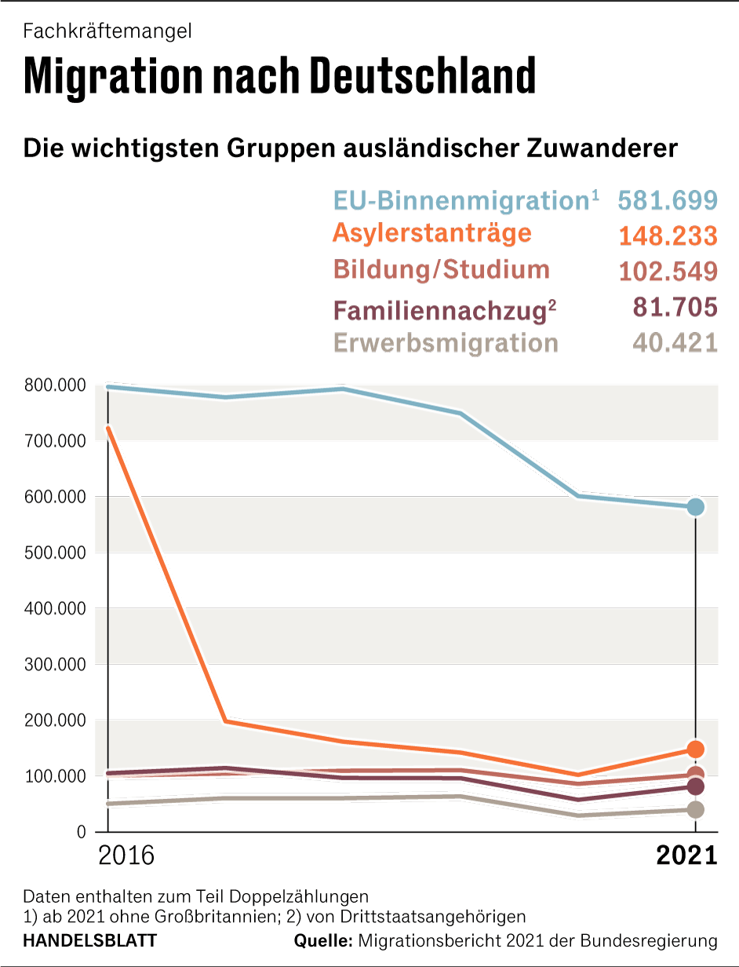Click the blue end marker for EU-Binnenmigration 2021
point(695,507)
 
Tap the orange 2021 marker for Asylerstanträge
point(695,749)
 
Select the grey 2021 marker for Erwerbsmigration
point(695,809)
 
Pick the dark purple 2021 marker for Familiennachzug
point(695,786)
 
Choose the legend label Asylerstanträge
point(432,233)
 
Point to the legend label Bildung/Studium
point(442,269)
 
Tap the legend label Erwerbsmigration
point(446,344)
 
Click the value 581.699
point(668,200)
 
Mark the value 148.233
point(668,235)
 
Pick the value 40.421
point(675,344)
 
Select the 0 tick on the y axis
point(81,832)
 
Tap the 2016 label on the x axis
point(126,855)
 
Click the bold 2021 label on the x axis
point(686,855)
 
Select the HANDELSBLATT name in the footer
point(90,940)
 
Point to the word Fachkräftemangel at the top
point(107,31)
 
